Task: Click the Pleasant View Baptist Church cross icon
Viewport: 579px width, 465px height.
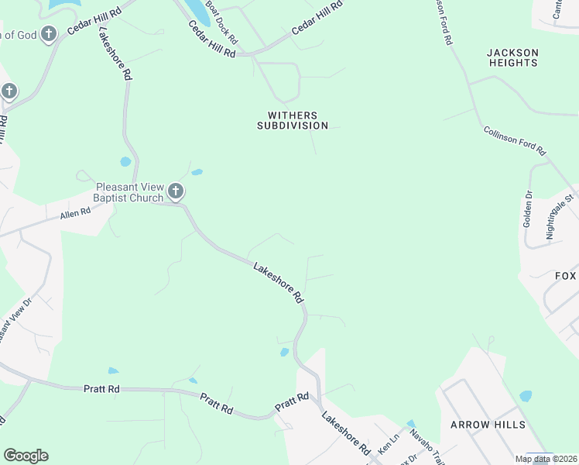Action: (x=176, y=191)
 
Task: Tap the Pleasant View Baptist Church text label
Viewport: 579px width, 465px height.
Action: (x=131, y=192)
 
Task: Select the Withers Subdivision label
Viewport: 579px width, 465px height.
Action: (x=293, y=120)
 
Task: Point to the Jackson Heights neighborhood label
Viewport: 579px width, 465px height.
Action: (x=512, y=57)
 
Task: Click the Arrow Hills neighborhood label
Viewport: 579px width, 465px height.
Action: (x=488, y=425)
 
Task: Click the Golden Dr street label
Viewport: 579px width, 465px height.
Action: (x=527, y=208)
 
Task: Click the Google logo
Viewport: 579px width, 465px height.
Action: (x=26, y=456)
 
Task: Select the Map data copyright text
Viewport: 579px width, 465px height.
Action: (x=545, y=459)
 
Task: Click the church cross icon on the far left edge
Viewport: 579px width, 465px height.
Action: (x=9, y=91)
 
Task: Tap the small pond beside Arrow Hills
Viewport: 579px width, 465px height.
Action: (x=526, y=396)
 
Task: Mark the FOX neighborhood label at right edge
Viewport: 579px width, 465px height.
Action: (x=566, y=276)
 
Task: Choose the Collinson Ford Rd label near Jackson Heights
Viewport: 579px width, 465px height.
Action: (x=515, y=140)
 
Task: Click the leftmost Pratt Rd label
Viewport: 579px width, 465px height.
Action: (x=101, y=388)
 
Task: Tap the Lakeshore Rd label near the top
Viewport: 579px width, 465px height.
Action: (x=114, y=54)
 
